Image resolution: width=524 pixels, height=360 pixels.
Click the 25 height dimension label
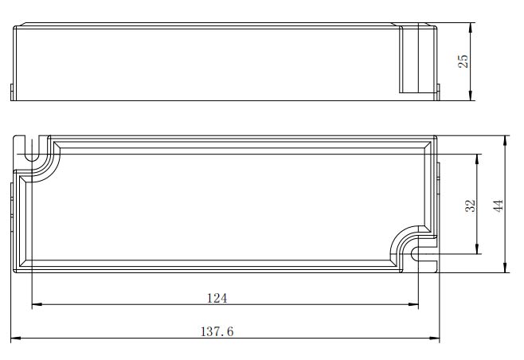463,61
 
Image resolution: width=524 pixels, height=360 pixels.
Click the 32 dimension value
470,206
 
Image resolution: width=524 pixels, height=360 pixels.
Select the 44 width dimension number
498,206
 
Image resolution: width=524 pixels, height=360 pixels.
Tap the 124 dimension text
217,298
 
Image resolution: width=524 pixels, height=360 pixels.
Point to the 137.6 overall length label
217,331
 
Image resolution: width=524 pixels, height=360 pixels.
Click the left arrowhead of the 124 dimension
37,304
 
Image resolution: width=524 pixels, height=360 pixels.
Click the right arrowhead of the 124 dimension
413,304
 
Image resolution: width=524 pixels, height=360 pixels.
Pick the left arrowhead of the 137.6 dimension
16,338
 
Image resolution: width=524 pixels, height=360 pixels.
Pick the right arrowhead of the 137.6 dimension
435,338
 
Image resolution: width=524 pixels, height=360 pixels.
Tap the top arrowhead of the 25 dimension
471,28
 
